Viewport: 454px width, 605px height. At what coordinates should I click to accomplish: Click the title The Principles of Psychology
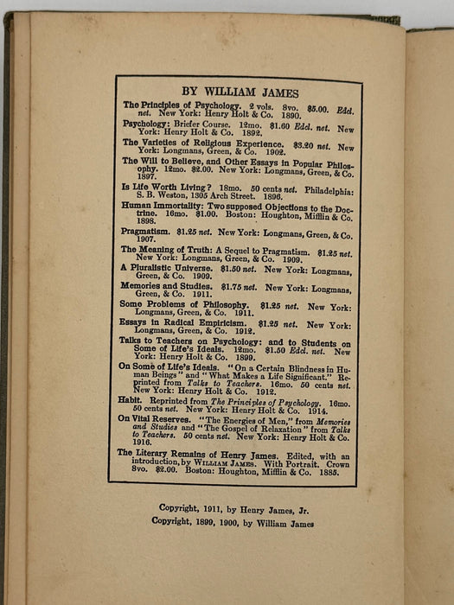point(176,105)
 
